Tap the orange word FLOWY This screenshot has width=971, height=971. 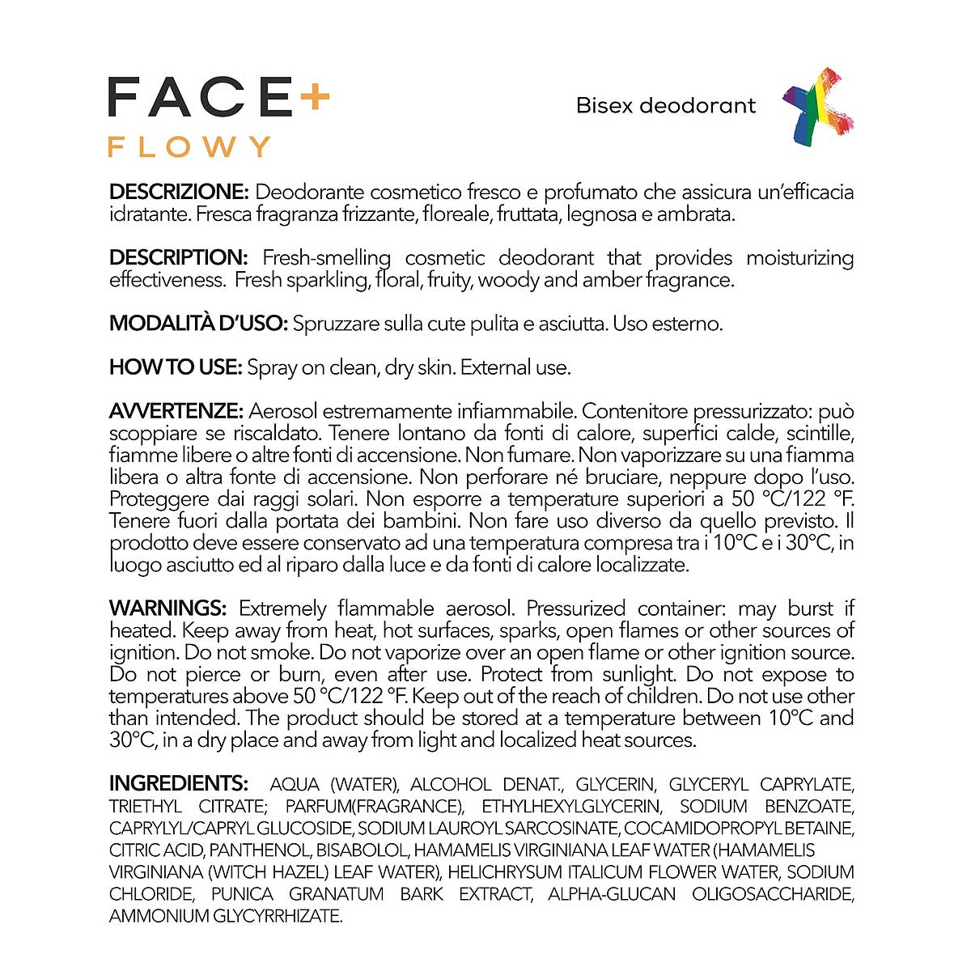point(189,146)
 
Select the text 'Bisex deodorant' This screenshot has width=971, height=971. point(666,106)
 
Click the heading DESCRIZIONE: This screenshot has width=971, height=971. point(178,193)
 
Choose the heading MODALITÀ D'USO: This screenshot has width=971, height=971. point(198,324)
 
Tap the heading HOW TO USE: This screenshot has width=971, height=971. point(176,367)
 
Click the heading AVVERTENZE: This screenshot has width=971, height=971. point(176,411)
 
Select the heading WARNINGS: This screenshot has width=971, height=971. point(168,608)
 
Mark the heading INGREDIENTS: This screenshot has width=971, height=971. point(179,783)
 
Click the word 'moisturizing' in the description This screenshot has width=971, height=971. point(799,258)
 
